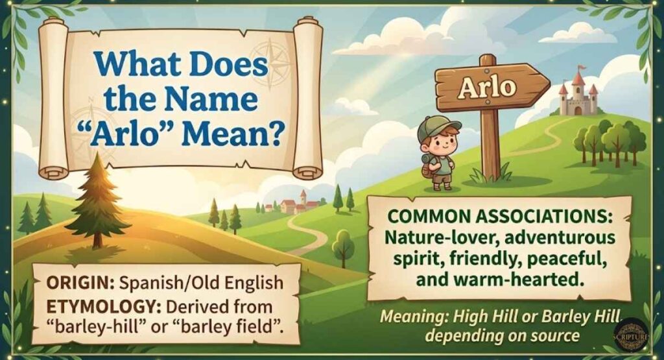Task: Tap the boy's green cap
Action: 438,126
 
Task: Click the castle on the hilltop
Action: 578,98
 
